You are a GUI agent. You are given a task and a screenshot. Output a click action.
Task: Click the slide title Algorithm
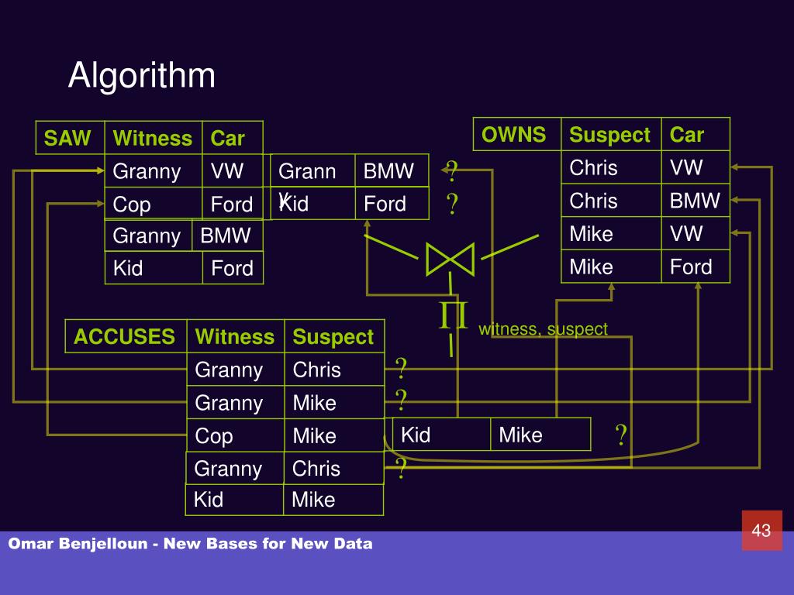click(141, 76)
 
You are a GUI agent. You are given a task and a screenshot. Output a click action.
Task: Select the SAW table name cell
click(67, 138)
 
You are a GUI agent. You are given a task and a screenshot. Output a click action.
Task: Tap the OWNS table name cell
click(514, 135)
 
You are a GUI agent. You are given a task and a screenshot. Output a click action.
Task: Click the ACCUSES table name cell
click(124, 336)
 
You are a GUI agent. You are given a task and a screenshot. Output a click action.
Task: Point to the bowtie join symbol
click(451, 258)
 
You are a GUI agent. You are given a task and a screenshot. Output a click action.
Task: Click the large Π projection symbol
click(454, 316)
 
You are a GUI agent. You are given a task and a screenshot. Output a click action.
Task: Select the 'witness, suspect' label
click(543, 329)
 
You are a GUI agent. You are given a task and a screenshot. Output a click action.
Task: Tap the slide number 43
click(761, 530)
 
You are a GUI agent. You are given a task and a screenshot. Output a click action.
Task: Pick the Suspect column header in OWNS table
click(609, 135)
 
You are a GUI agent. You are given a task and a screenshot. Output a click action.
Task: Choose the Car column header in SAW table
click(228, 138)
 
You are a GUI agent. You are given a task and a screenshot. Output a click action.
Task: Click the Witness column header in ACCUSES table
click(234, 336)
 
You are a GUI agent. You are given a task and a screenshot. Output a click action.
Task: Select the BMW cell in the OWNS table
click(695, 201)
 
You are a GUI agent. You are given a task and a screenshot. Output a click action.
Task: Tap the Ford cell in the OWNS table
click(691, 267)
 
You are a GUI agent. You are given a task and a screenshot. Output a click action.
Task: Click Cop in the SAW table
click(132, 205)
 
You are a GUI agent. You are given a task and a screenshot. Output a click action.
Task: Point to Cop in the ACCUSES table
click(214, 435)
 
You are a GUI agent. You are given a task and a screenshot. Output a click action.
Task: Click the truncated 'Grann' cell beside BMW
click(307, 171)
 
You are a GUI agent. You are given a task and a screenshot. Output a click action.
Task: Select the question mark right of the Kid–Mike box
click(621, 435)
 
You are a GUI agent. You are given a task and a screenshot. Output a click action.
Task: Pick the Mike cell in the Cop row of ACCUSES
click(314, 435)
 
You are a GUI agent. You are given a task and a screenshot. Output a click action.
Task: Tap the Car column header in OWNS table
click(687, 135)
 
